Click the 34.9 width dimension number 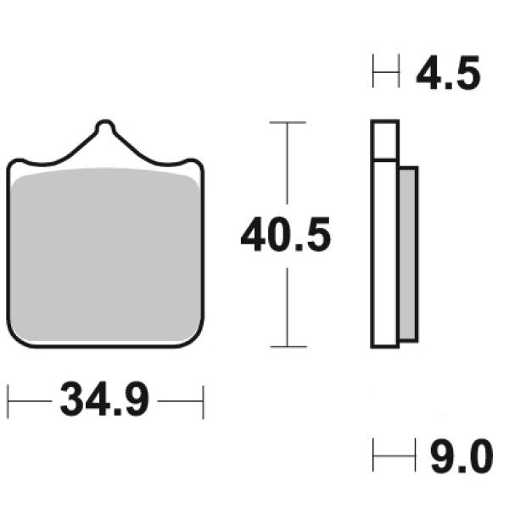(x=104, y=400)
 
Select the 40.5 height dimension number (x=286, y=234)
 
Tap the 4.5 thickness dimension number (x=448, y=73)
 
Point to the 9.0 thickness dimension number (x=461, y=456)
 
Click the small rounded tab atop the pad (x=105, y=126)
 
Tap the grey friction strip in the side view (x=408, y=254)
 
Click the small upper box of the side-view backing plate (x=384, y=140)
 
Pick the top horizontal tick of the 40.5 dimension (x=288, y=122)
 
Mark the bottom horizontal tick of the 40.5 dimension (x=288, y=347)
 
